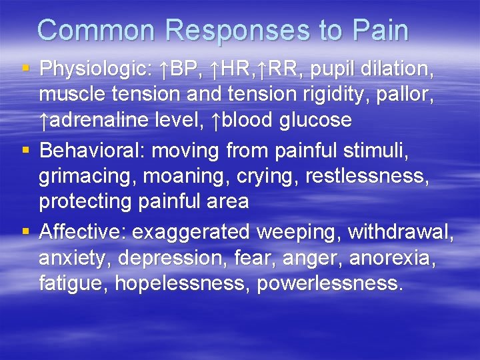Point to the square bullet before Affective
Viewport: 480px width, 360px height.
point(25,231)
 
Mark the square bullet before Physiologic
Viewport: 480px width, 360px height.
point(25,68)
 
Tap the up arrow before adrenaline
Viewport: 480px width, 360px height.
point(44,121)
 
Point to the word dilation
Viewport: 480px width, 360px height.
point(402,69)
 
